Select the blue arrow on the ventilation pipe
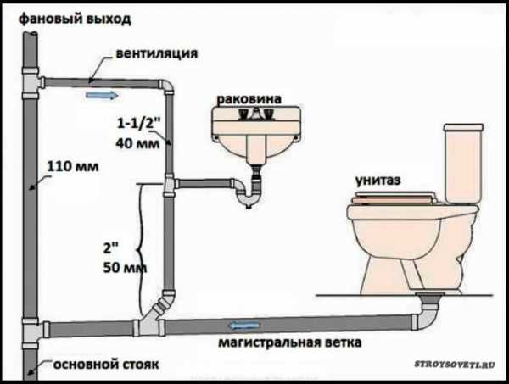pos(98,95)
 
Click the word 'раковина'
pos(251,97)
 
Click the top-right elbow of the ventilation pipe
pos(169,87)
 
